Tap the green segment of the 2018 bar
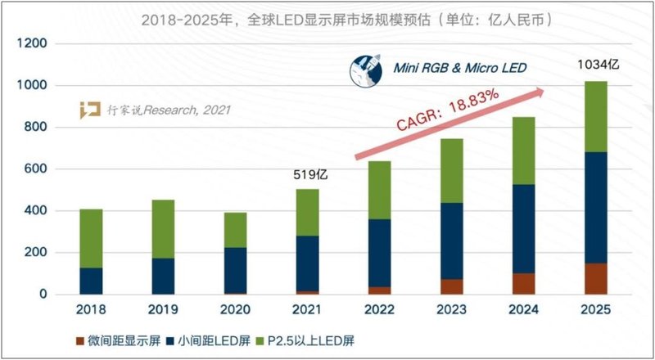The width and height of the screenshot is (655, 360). (91, 238)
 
